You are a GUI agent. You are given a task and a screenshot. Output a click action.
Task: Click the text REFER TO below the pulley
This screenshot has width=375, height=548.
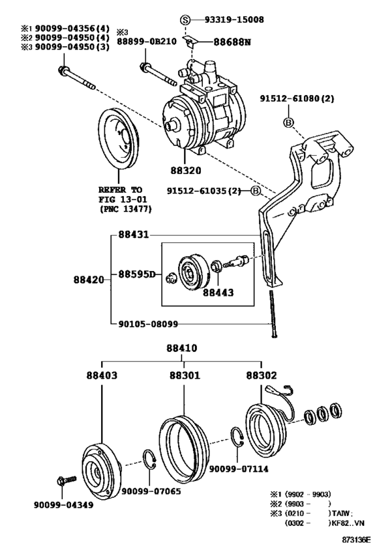(122, 189)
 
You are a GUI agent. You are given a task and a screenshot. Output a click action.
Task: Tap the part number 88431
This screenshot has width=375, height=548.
(133, 236)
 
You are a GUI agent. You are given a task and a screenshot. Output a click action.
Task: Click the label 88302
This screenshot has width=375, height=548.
(262, 375)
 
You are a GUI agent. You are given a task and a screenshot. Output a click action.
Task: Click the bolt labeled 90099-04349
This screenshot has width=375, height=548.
(64, 504)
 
